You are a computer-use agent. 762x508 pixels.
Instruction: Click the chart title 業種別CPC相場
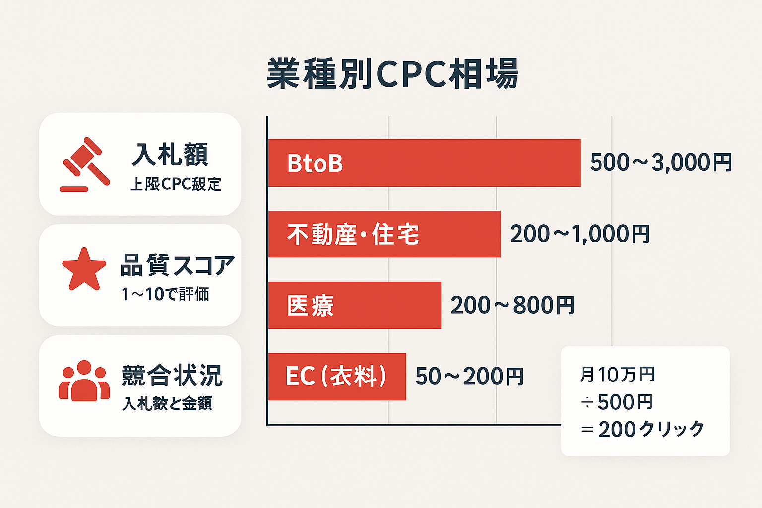pyautogui.click(x=392, y=74)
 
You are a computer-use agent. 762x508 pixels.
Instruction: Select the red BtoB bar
pyautogui.click(x=424, y=163)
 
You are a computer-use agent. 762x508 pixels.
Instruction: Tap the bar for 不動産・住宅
pyautogui.click(x=384, y=234)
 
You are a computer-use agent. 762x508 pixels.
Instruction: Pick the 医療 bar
pyautogui.click(x=354, y=305)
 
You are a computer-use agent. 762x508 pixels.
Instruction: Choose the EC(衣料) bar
pyautogui.click(x=337, y=377)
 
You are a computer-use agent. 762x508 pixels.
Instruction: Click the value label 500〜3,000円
pyautogui.click(x=661, y=163)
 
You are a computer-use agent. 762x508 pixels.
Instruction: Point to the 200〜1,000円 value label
pyautogui.click(x=580, y=234)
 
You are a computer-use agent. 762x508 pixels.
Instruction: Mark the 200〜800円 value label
pyautogui.click(x=512, y=305)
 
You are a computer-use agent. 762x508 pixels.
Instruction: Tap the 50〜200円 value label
pyautogui.click(x=469, y=377)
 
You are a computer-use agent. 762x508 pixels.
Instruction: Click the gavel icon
pyautogui.click(x=85, y=165)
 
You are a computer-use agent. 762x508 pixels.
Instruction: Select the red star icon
pyautogui.click(x=84, y=269)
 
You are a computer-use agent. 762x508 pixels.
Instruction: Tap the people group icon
pyautogui.click(x=84, y=381)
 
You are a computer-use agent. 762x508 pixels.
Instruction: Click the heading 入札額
pyautogui.click(x=170, y=154)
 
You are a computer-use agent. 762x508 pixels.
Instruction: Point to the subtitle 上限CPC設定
pyautogui.click(x=176, y=184)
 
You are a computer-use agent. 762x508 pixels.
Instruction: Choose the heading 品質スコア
pyautogui.click(x=177, y=265)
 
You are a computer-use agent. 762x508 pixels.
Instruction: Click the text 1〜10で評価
pyautogui.click(x=166, y=294)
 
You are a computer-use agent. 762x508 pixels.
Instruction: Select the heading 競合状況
pyautogui.click(x=172, y=376)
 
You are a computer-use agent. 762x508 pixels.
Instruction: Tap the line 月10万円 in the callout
pyautogui.click(x=618, y=375)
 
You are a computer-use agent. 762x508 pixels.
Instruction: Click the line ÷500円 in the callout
pyautogui.click(x=617, y=402)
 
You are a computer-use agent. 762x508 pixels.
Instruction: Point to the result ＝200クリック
pyautogui.click(x=642, y=429)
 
